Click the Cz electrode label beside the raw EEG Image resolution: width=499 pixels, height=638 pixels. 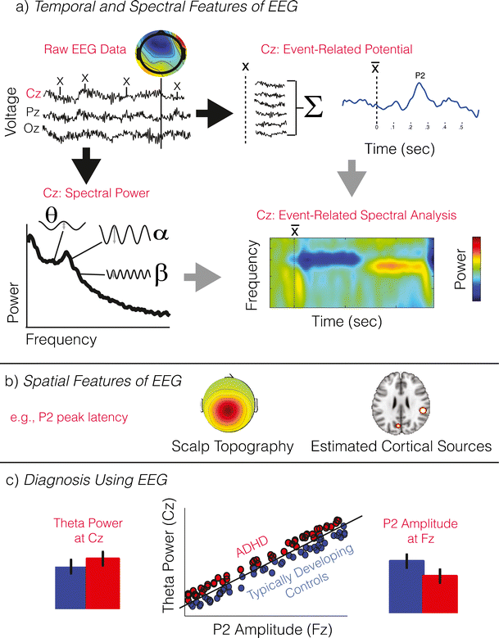pos(34,94)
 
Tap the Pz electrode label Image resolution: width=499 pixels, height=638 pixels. pos(34,111)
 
